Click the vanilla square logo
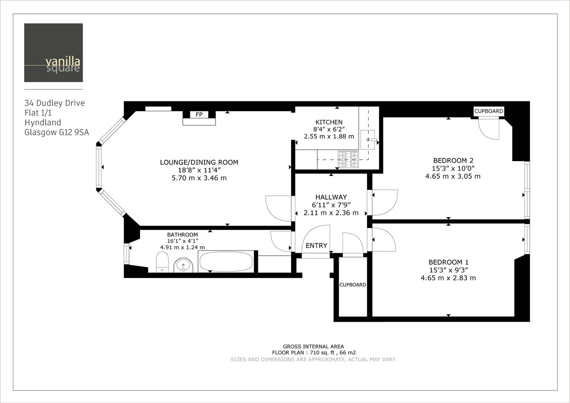pyautogui.click(x=53, y=53)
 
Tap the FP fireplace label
pyautogui.click(x=199, y=115)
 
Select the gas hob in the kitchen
pyautogui.click(x=349, y=159)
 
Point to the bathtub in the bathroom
pyautogui.click(x=226, y=262)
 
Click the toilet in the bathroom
pyautogui.click(x=162, y=262)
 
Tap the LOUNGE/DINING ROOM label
pyautogui.click(x=199, y=163)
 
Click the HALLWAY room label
pyautogui.click(x=331, y=197)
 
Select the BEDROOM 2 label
pyautogui.click(x=453, y=160)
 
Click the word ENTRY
pyautogui.click(x=316, y=246)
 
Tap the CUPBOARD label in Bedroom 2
pyautogui.click(x=488, y=111)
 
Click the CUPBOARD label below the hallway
pyautogui.click(x=352, y=285)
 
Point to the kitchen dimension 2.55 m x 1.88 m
pyautogui.click(x=329, y=136)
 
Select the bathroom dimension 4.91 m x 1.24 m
pyautogui.click(x=182, y=247)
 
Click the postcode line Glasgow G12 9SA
pyautogui.click(x=57, y=133)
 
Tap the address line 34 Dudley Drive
pyautogui.click(x=54, y=103)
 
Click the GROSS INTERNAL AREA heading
pyautogui.click(x=313, y=346)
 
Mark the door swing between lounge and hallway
pyautogui.click(x=279, y=208)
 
